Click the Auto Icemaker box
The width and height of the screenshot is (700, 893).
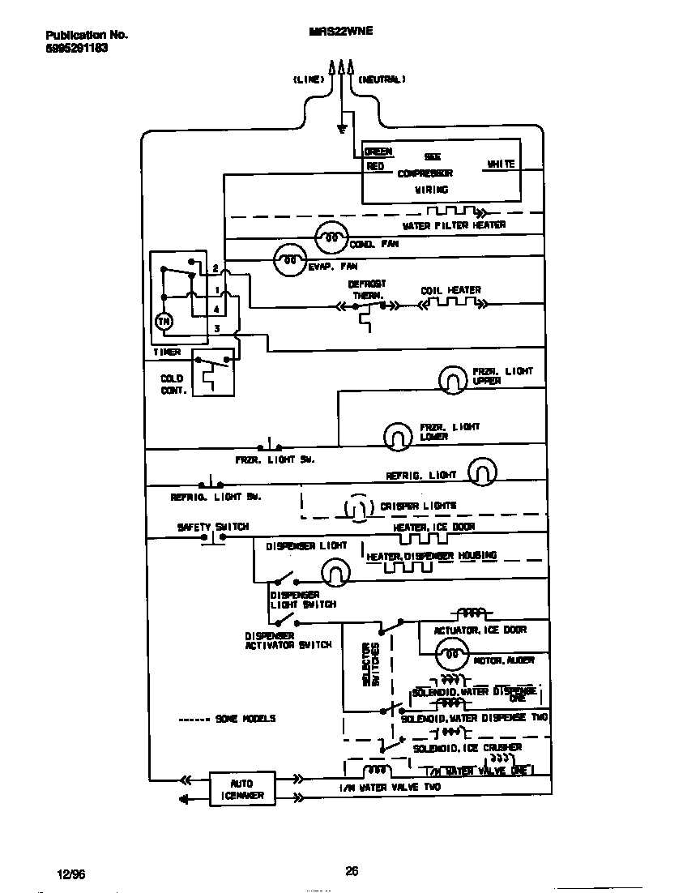coord(242,788)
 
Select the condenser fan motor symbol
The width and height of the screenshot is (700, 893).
coord(330,235)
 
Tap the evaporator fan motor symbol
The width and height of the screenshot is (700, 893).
coord(288,259)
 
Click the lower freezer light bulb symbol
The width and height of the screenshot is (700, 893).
coord(396,436)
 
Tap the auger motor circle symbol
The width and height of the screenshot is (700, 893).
coord(451,653)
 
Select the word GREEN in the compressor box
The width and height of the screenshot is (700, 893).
coord(378,152)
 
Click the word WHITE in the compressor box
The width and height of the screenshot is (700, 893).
coord(500,164)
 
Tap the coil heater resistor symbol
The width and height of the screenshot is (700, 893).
coord(450,305)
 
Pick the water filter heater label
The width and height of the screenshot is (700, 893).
coord(454,225)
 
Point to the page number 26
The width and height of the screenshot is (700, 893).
coord(352,871)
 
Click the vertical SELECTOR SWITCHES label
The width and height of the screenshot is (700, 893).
coord(370,664)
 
